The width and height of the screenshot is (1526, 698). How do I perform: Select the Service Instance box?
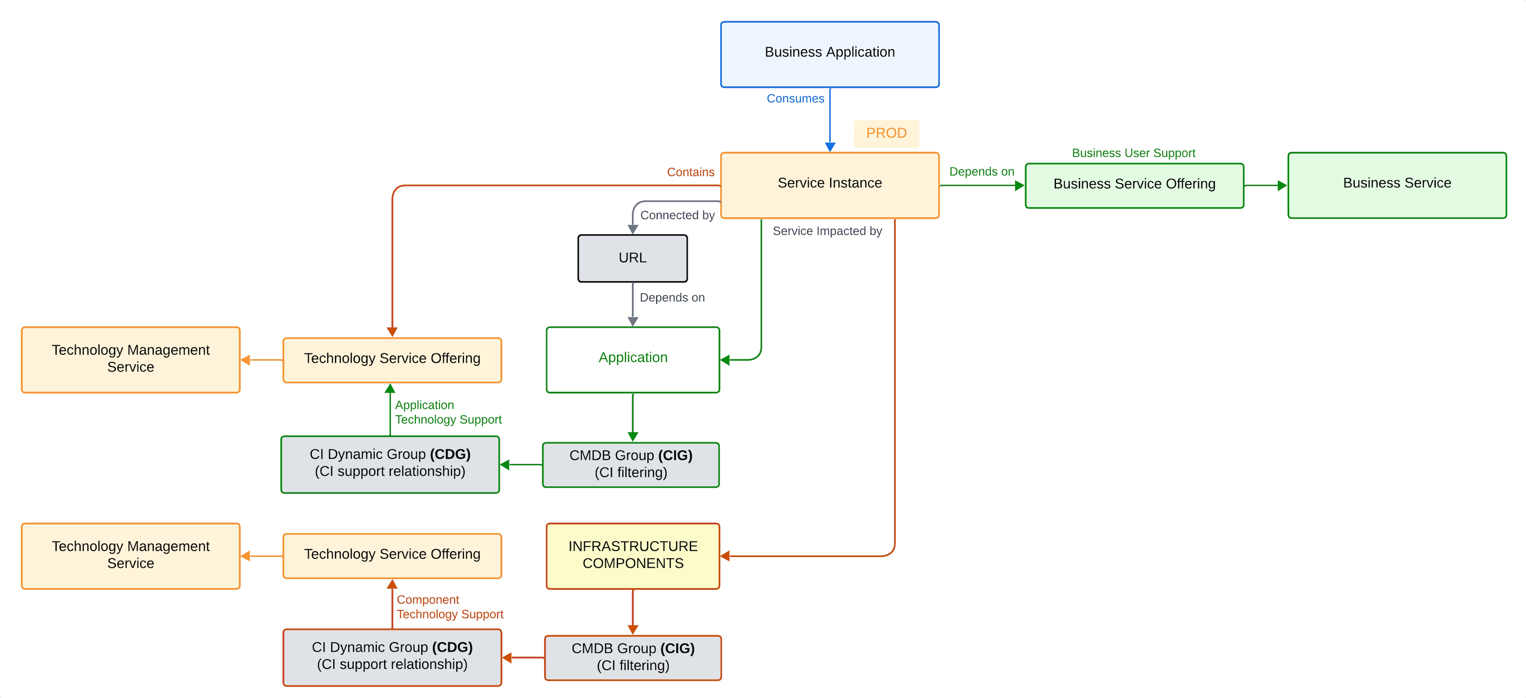(829, 185)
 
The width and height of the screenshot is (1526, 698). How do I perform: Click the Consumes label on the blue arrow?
(795, 98)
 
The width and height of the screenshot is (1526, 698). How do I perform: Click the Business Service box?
(1396, 185)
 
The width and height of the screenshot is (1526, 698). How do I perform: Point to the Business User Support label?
(1133, 153)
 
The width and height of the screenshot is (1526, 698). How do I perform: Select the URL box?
(632, 258)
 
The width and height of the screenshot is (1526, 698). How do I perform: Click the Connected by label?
(677, 215)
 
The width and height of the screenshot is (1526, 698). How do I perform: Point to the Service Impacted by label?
(827, 231)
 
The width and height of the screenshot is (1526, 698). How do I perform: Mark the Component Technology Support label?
(450, 607)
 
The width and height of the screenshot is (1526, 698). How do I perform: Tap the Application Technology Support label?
(448, 413)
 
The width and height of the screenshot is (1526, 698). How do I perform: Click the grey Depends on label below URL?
(672, 297)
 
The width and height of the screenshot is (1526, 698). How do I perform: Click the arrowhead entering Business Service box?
(1282, 185)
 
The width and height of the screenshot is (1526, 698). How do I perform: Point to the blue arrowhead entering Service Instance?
(830, 147)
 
